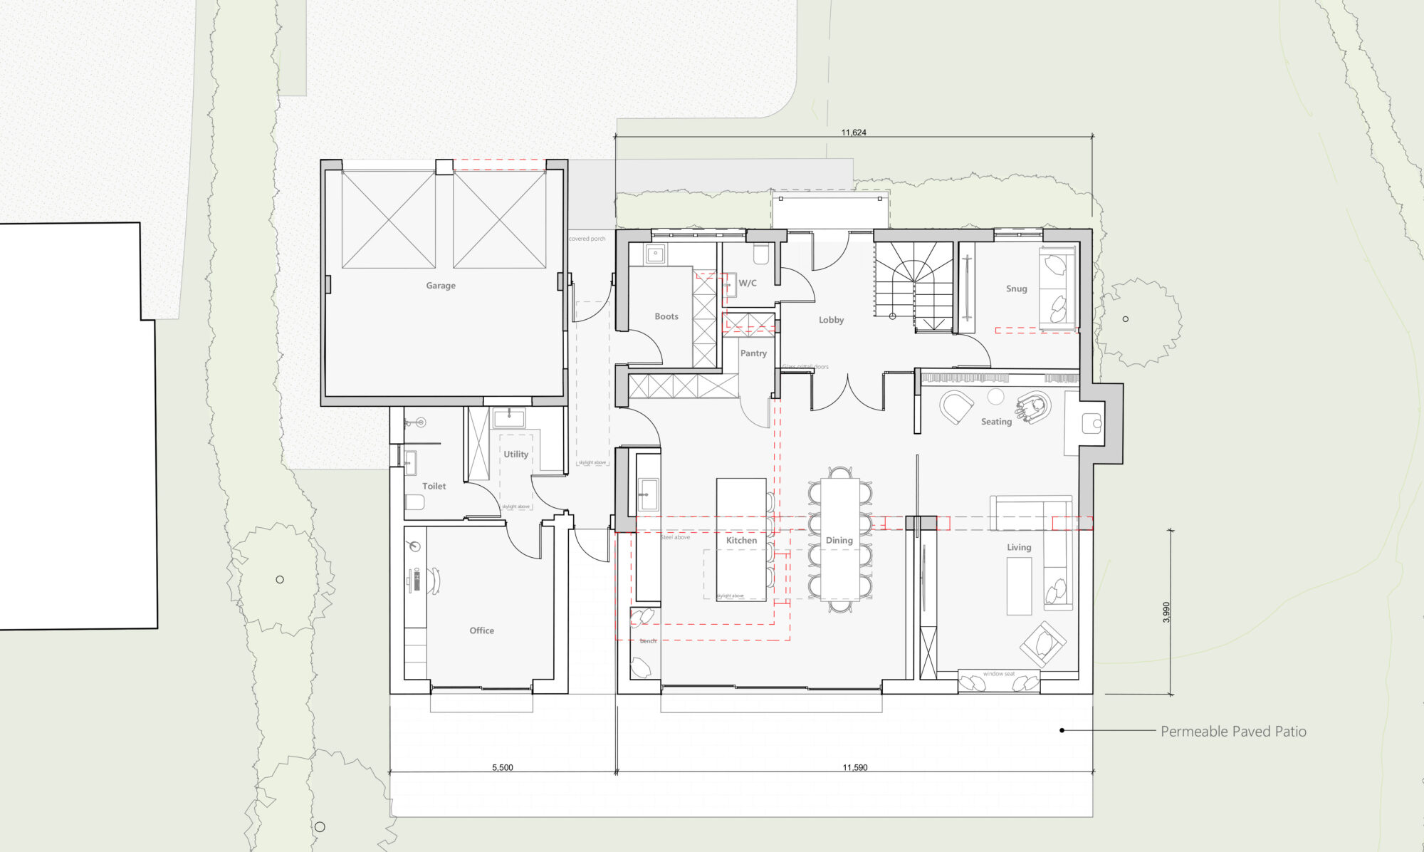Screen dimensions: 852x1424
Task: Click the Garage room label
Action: pyautogui.click(x=441, y=286)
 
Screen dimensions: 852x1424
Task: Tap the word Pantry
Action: pyautogui.click(x=753, y=353)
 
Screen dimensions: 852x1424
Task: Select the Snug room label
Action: pyautogui.click(x=1016, y=289)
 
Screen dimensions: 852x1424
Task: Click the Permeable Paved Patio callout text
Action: pyautogui.click(x=1233, y=732)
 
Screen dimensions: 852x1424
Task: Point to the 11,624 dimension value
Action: pyautogui.click(x=854, y=133)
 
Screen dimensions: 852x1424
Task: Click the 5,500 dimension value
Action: pyautogui.click(x=502, y=768)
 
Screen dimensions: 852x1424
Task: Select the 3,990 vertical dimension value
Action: pyautogui.click(x=1166, y=613)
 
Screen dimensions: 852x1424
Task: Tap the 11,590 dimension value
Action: pyautogui.click(x=854, y=768)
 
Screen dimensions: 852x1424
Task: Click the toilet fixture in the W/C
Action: pyautogui.click(x=760, y=254)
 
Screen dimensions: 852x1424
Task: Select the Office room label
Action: pyautogui.click(x=481, y=630)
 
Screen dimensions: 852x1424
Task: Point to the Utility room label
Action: pyautogui.click(x=515, y=454)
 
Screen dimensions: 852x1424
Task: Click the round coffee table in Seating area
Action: pyautogui.click(x=995, y=397)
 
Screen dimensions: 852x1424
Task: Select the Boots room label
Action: pyautogui.click(x=666, y=316)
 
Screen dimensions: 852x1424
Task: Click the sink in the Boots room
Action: pyautogui.click(x=656, y=254)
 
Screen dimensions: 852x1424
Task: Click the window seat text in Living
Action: pyautogui.click(x=999, y=674)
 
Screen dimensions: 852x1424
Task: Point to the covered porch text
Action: pyautogui.click(x=587, y=239)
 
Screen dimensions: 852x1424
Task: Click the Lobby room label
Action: pyautogui.click(x=831, y=320)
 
